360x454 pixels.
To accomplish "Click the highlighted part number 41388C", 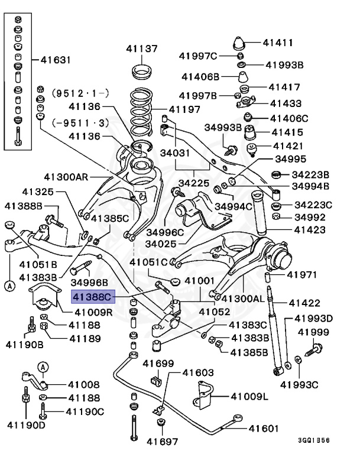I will pos(92,296).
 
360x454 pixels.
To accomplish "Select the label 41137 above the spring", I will pos(141,48).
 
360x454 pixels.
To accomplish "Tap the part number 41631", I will pos(56,60).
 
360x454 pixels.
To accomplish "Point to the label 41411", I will pos(278,43).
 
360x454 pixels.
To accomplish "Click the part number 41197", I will pos(184,109).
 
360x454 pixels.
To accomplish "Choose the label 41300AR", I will pos(66,176).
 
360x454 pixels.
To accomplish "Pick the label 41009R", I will pos(93,312).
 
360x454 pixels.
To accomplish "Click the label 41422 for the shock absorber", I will pos(304,303).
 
